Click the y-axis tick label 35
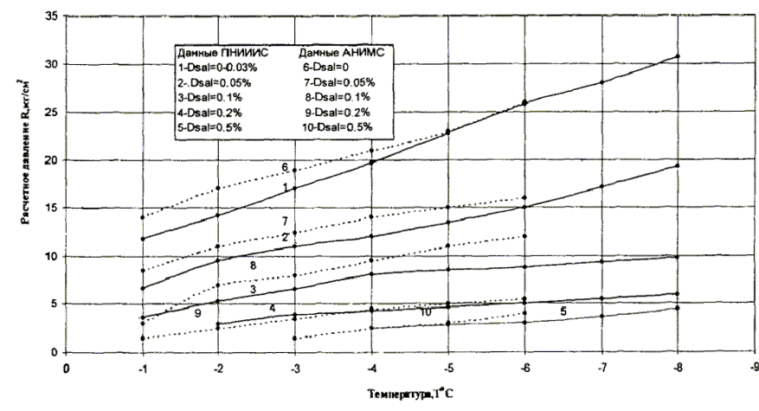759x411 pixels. tap(51, 16)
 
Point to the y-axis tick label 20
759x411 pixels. tap(51, 160)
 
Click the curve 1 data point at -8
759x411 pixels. tap(677, 56)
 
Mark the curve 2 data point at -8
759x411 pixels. tap(677, 165)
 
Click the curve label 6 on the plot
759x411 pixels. tap(284, 167)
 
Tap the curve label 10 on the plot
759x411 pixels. tap(426, 311)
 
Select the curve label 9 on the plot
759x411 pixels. tap(197, 314)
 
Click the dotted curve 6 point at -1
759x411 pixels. tap(143, 217)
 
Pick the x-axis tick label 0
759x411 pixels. tap(67, 366)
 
